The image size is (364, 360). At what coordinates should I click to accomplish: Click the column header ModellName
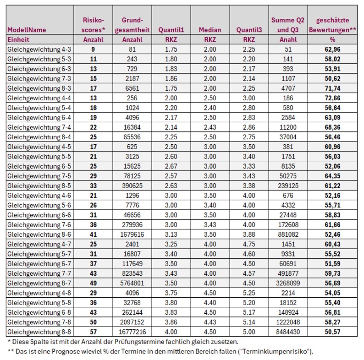tap(27, 30)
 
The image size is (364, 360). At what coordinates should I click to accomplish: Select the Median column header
tap(210, 30)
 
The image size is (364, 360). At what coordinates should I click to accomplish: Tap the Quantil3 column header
tap(249, 30)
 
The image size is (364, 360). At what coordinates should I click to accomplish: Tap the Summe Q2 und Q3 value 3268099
tap(288, 283)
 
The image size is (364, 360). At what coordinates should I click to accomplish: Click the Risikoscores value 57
tap(94, 331)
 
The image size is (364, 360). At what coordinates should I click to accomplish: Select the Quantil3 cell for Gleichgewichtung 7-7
tap(249, 273)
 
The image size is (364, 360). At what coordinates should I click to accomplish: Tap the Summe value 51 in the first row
tap(288, 49)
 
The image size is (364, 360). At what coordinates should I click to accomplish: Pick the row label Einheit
tap(18, 39)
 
